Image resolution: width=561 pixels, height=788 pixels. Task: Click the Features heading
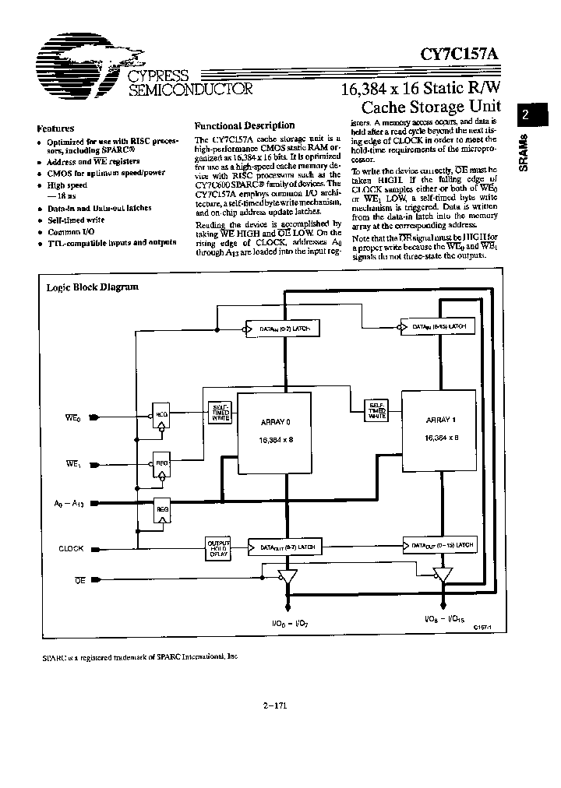55,128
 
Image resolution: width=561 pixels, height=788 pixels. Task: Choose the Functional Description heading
244,125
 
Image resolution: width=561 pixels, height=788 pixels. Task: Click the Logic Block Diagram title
93,287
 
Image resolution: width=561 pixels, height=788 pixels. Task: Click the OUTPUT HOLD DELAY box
218,547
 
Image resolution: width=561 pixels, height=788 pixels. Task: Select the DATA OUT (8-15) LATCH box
440,544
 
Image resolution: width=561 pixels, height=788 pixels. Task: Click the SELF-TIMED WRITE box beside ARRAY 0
217,412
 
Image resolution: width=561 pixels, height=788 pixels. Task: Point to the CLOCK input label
71,548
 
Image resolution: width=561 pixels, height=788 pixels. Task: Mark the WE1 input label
73,464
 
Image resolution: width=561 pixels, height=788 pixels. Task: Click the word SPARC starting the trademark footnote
51,656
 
